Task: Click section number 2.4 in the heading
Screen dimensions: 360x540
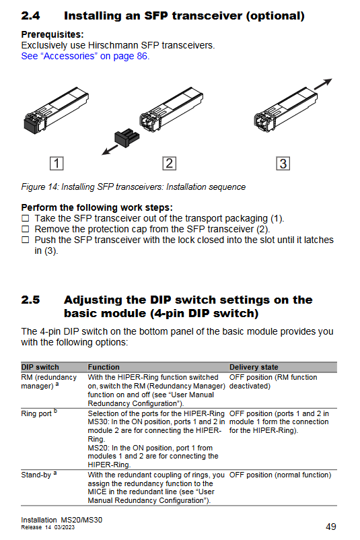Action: [x=30, y=16]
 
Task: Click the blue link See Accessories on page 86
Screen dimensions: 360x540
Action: [x=85, y=56]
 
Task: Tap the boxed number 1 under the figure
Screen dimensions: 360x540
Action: [x=57, y=163]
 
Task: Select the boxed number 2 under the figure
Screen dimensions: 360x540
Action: [x=170, y=163]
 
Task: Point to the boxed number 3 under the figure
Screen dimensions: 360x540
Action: [x=283, y=163]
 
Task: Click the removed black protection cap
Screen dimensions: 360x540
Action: [x=127, y=137]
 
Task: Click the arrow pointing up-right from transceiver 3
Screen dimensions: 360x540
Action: [x=323, y=84]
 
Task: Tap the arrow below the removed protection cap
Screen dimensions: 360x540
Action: [x=110, y=150]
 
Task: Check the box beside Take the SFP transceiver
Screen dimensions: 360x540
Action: [x=26, y=218]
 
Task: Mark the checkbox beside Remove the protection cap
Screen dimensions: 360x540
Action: [x=26, y=229]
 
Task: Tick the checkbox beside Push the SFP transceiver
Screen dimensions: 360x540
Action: [x=26, y=240]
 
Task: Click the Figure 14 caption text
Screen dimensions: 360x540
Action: [x=133, y=187]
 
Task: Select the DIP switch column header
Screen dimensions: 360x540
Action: [x=40, y=367]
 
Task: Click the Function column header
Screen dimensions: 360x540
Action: [x=104, y=367]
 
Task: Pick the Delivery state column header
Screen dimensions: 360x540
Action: [x=254, y=367]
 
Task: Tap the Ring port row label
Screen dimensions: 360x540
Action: [x=39, y=413]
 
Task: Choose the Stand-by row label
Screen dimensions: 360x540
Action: [x=39, y=475]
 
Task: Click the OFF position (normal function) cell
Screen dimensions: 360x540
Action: [x=280, y=475]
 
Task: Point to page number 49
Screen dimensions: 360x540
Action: [x=331, y=527]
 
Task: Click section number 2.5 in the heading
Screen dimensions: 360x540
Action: [x=30, y=300]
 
